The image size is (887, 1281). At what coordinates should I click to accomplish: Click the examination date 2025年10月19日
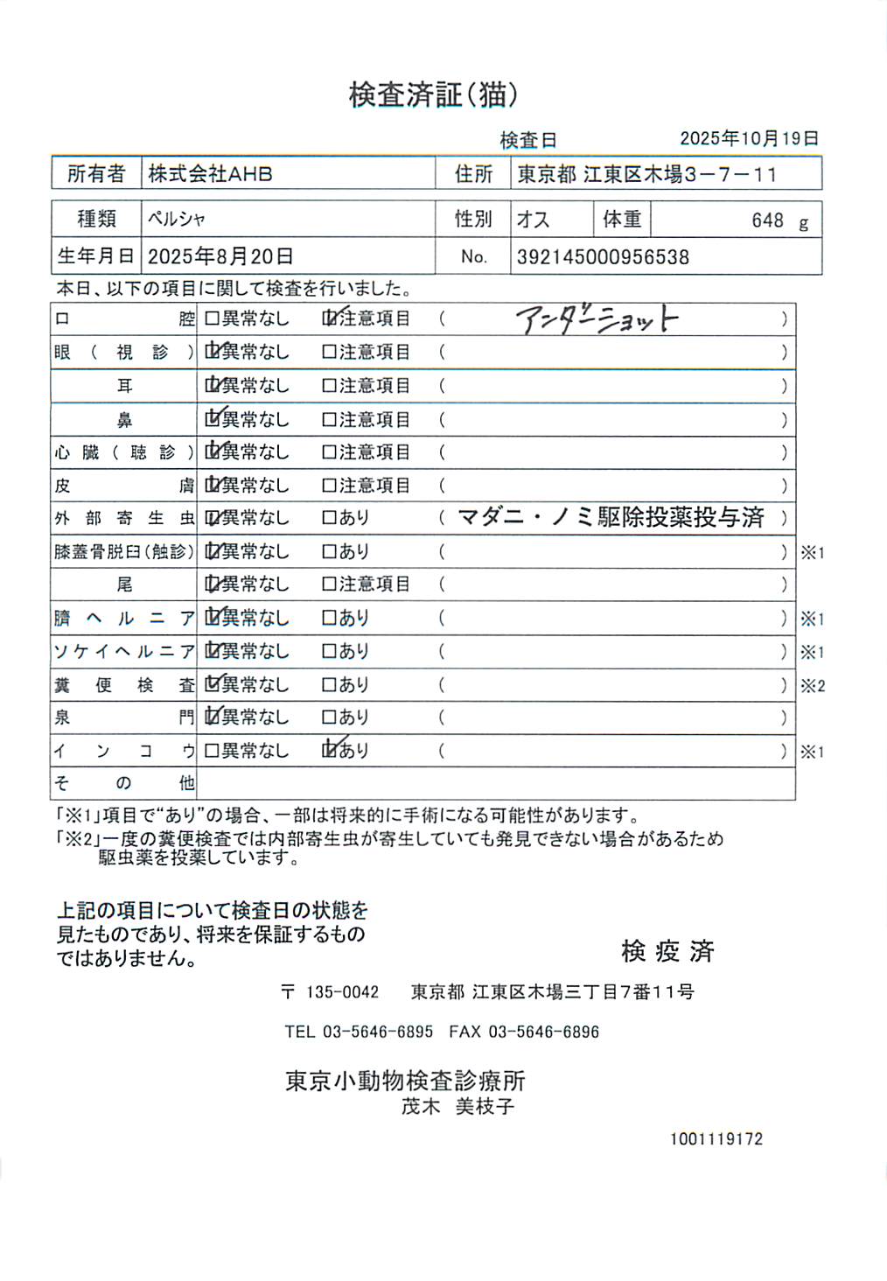tap(749, 138)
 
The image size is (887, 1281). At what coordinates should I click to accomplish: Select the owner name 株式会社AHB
tap(210, 174)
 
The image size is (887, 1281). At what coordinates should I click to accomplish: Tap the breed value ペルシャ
tap(177, 219)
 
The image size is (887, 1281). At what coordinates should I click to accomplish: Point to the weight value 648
tap(767, 220)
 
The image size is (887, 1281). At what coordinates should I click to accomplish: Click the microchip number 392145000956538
tap(603, 257)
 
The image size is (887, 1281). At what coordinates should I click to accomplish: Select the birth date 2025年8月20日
tap(220, 256)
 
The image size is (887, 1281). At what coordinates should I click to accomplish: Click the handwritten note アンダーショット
tap(597, 319)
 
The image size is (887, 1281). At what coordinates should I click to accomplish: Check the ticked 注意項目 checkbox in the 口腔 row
tap(330, 318)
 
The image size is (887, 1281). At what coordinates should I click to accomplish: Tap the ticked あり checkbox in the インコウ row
tap(330, 750)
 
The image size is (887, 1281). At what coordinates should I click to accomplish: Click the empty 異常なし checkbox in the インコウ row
tap(212, 751)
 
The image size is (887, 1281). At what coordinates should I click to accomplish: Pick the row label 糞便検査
tap(124, 685)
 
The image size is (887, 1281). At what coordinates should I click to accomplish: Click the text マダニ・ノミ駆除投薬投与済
tap(611, 518)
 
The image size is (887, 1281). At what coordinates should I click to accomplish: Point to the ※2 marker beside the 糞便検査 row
tap(813, 686)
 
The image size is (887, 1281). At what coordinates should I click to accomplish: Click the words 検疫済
tap(667, 951)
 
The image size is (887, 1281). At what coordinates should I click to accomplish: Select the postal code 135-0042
tap(342, 992)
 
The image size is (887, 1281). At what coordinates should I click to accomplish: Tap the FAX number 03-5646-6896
tap(543, 1032)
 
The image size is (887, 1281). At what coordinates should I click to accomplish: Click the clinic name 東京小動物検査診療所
tap(405, 1081)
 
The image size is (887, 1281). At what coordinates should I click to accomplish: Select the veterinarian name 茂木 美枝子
tap(457, 1107)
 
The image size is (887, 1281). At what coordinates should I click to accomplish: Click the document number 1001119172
tap(716, 1139)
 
